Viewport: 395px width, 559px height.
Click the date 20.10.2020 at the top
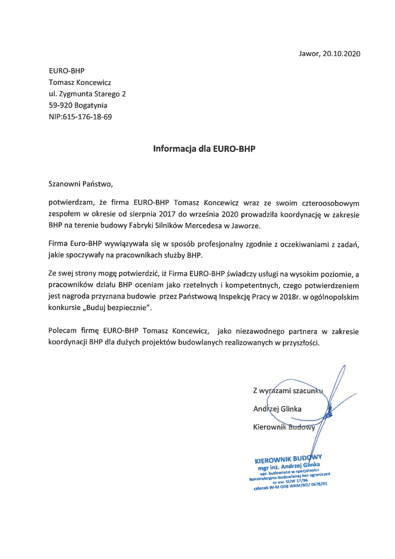click(341, 54)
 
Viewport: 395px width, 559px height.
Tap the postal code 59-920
click(60, 106)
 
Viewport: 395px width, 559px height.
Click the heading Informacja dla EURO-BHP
click(204, 149)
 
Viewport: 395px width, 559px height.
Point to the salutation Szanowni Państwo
click(80, 184)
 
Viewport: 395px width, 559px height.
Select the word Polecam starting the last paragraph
click(62, 331)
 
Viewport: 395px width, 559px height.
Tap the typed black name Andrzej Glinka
click(277, 409)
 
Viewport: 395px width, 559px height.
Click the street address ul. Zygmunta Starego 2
click(87, 94)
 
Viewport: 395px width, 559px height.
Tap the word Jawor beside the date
click(309, 54)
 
